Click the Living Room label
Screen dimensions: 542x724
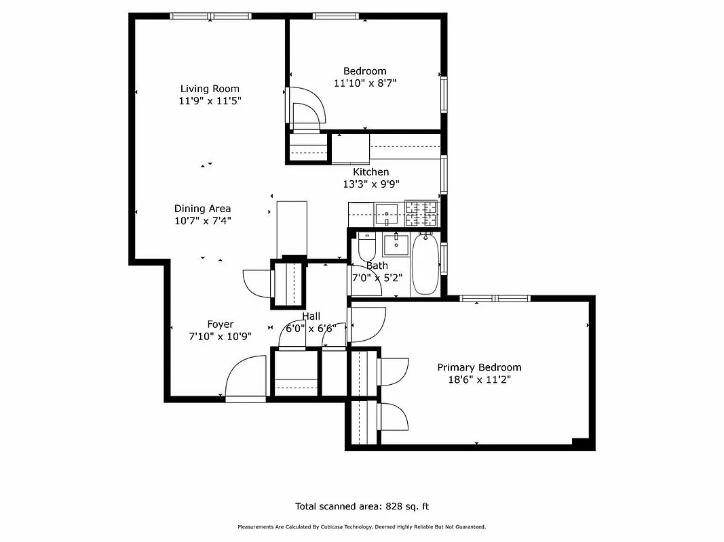[210, 89]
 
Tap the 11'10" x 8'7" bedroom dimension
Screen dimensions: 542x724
[364, 83]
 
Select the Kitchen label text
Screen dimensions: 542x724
[370, 172]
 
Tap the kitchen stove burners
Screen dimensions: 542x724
[421, 214]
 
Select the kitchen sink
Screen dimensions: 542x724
[387, 213]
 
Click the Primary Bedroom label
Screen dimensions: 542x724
[479, 367]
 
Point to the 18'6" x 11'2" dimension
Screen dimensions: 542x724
[479, 379]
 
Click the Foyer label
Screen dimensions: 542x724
[220, 325]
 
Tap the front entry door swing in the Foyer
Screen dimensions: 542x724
[245, 379]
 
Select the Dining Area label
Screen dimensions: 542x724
[202, 209]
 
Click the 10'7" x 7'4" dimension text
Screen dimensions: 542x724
[202, 220]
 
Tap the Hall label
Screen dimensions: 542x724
[311, 316]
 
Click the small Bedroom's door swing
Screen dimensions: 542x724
[305, 107]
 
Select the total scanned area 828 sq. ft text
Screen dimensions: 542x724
[362, 506]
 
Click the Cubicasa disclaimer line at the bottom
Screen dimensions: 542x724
[362, 527]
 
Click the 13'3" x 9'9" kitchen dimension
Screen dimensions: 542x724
[370, 184]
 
